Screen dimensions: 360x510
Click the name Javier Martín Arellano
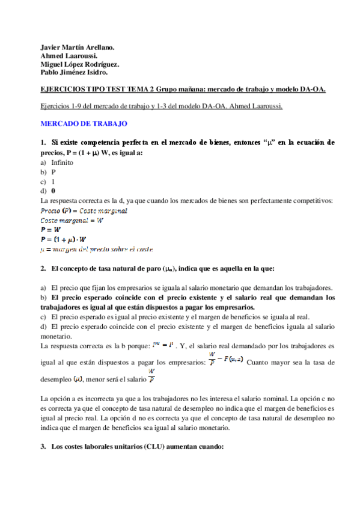coord(77,47)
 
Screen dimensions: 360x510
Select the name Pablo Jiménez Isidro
coord(74,73)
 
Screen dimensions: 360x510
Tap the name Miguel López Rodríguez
coord(79,64)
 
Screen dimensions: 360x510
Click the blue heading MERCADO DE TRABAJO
coord(83,123)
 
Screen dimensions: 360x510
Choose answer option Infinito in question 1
coord(62,162)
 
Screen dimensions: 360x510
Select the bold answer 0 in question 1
coord(53,191)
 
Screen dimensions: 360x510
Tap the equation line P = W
coord(50,229)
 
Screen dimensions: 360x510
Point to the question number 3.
coord(44,447)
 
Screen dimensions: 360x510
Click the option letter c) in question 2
coord(43,316)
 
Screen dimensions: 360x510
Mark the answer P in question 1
coord(53,171)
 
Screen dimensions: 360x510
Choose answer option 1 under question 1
coord(53,181)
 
